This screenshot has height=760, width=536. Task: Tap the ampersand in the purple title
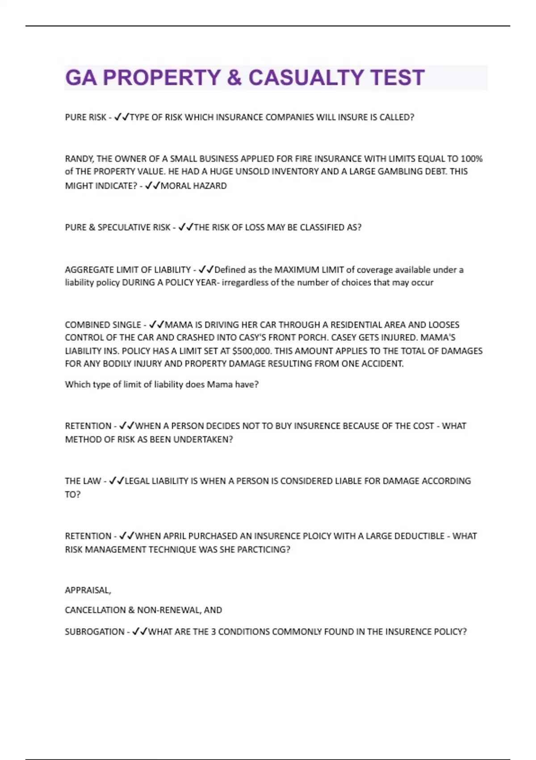tap(234, 78)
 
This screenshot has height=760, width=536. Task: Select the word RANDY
tap(77, 159)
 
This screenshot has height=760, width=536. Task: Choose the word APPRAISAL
tap(88, 591)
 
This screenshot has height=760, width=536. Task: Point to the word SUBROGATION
tap(94, 632)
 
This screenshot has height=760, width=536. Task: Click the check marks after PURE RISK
tap(121, 117)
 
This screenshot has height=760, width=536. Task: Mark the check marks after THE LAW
tap(116, 481)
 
